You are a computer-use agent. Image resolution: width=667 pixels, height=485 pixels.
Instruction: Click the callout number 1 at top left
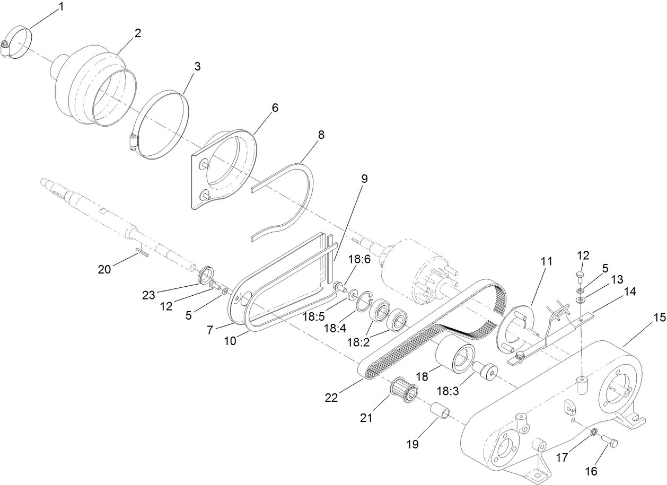click(x=61, y=7)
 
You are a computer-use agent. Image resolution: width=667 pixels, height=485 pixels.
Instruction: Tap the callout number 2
click(x=137, y=33)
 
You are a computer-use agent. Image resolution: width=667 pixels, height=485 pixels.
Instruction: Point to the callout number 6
click(x=274, y=107)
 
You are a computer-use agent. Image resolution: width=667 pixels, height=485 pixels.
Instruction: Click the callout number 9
click(x=364, y=179)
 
